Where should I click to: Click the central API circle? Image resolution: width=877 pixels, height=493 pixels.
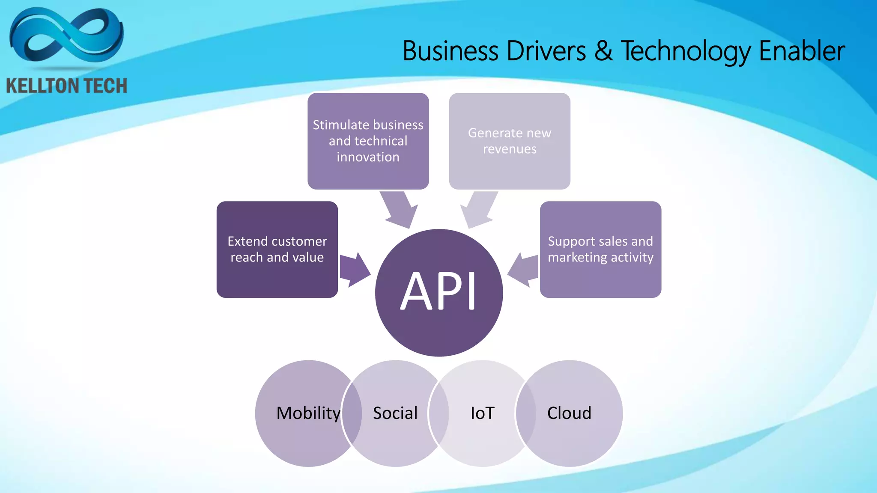tap(438, 293)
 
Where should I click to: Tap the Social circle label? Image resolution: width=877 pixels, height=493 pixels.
tap(395, 413)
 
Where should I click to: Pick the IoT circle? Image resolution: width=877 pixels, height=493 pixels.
tap(482, 413)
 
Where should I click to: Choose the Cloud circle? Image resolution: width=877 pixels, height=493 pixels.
tap(569, 413)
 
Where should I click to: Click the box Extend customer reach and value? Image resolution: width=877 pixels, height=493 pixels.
tap(277, 249)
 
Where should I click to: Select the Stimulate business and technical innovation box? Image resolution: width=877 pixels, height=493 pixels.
tap(368, 141)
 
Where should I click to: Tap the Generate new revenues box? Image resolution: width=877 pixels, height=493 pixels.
tap(510, 141)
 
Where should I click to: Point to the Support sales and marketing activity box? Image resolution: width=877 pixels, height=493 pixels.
tap(600, 249)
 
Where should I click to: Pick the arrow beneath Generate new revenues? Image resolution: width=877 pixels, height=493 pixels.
tap(479, 209)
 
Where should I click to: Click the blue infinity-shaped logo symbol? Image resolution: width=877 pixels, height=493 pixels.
tap(66, 36)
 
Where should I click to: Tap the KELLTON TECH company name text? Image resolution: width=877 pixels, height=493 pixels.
tap(66, 86)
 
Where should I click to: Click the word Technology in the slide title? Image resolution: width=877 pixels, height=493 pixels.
tap(685, 51)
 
